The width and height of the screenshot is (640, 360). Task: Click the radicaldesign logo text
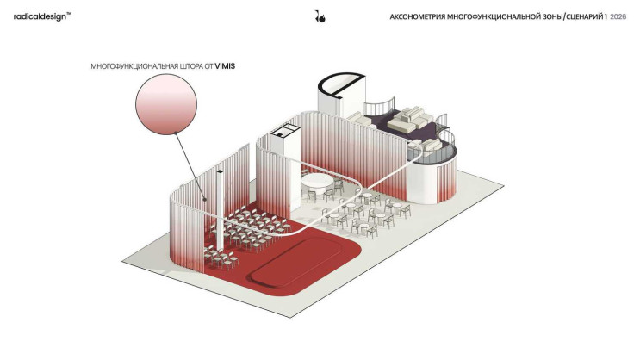coord(40,16)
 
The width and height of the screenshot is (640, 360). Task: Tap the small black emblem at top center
coord(320,16)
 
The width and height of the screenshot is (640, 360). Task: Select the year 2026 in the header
coord(618,16)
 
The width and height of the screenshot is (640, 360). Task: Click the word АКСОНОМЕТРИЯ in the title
coord(418,16)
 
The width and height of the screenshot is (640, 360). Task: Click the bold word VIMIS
coord(225,66)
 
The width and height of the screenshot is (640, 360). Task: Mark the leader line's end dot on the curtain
coord(205,200)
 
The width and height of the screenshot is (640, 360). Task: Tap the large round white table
coord(317,181)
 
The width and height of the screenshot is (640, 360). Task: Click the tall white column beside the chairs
coord(220,210)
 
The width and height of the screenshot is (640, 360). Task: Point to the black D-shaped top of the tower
coord(341,84)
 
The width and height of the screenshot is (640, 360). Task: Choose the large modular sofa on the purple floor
coord(410,119)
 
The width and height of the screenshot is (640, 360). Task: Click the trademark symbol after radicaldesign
coord(69,14)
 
